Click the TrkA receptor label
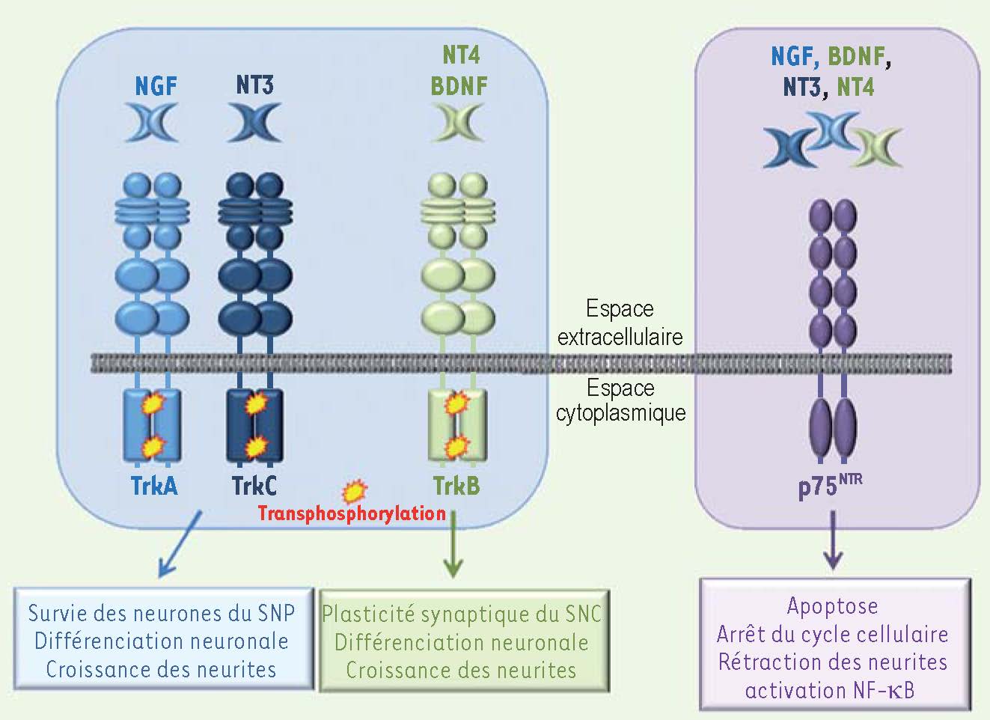click(154, 486)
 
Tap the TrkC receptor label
click(254, 486)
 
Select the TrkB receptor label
click(456, 486)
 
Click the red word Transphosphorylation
click(352, 513)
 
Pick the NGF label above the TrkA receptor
click(156, 86)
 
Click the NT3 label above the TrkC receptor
click(254, 85)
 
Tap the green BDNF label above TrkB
click(459, 86)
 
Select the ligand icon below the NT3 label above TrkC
click(254, 123)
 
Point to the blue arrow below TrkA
click(179, 545)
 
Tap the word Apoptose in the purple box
click(832, 605)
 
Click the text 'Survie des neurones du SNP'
click(162, 613)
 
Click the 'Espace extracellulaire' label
click(620, 323)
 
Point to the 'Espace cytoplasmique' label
click(621, 400)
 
